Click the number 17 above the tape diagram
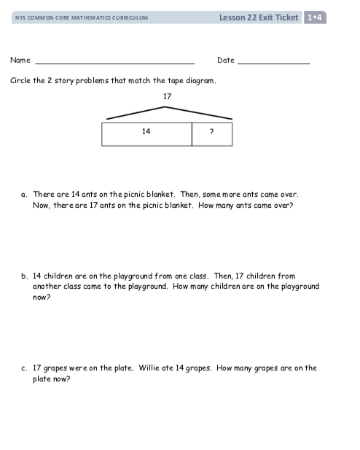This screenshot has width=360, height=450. [167, 96]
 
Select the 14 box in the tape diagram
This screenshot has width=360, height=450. [147, 134]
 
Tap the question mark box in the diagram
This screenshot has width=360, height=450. [212, 134]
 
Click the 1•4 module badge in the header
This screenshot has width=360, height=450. [315, 18]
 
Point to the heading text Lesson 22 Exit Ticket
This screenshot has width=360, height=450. [259, 18]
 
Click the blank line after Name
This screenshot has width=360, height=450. [115, 63]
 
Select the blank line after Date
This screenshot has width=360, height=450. [274, 63]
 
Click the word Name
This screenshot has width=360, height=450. [20, 60]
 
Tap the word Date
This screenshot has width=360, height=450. [226, 60]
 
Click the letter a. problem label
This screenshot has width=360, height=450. [24, 195]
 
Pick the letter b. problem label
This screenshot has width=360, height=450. [24, 276]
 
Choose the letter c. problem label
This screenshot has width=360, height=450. [24, 368]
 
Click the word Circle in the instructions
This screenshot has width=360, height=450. [20, 81]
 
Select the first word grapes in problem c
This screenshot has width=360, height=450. [55, 369]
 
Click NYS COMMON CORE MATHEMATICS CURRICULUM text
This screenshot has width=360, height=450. [82, 18]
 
